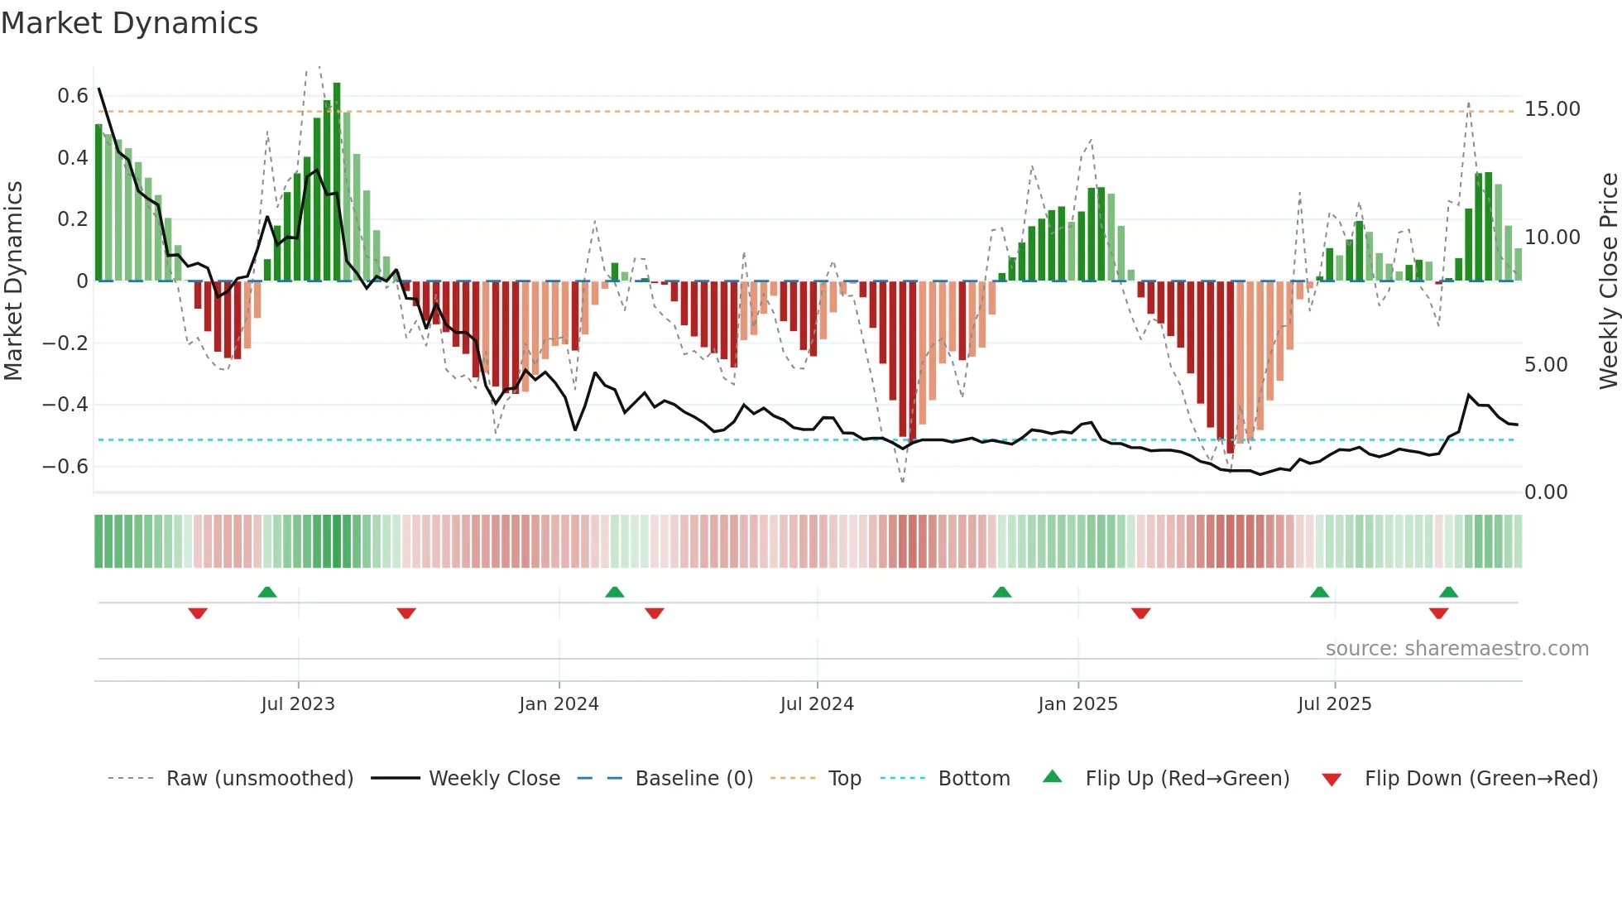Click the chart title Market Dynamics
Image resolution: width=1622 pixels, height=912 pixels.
[x=129, y=23]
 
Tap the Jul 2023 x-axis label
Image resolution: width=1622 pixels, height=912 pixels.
[x=298, y=704]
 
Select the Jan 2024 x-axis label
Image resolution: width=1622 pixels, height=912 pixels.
[x=559, y=704]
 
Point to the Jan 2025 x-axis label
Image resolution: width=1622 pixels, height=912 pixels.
[x=1077, y=704]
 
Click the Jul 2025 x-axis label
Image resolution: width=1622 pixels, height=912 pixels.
[x=1334, y=704]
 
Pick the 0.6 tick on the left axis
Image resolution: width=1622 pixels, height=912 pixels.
[x=72, y=96]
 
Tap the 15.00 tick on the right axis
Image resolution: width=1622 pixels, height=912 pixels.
[x=1552, y=109]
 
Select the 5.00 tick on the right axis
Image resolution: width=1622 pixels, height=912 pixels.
[x=1546, y=365]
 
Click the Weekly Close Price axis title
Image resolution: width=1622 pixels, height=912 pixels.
[x=1608, y=281]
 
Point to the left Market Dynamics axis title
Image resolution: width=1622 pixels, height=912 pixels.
[x=13, y=281]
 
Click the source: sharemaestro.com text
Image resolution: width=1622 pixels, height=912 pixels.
[x=1456, y=649]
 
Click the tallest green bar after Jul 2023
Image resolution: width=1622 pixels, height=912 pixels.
[x=337, y=182]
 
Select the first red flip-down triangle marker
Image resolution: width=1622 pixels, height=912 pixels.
[x=198, y=613]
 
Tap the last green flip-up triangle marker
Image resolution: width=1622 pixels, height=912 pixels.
[x=1448, y=592]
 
